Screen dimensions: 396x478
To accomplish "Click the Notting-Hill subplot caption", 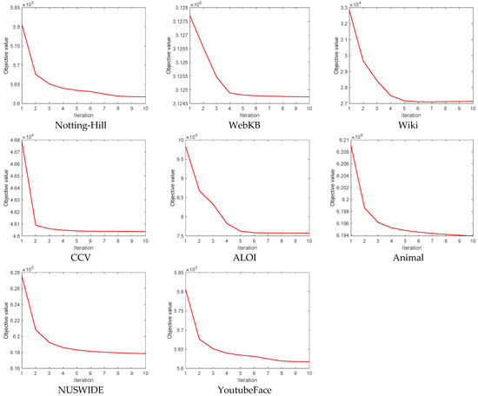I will [81, 123].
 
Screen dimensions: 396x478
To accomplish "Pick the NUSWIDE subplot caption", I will [81, 389].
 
